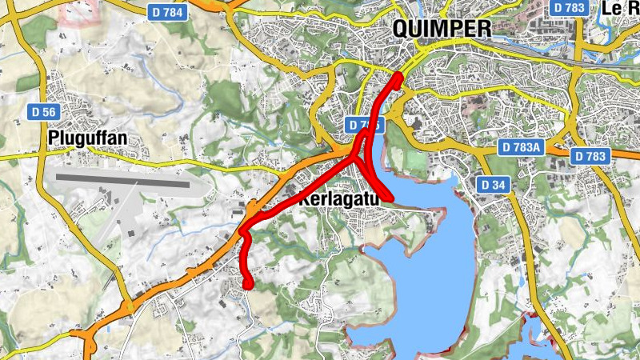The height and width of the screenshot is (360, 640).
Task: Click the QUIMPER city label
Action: pyautogui.click(x=442, y=29)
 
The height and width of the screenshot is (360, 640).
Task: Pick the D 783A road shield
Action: pyautogui.click(x=520, y=148)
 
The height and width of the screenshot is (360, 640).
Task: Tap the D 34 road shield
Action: pyautogui.click(x=494, y=185)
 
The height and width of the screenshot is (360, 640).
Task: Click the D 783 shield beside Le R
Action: pyautogui.click(x=570, y=7)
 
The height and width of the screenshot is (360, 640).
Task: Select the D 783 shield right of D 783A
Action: pyautogui.click(x=592, y=156)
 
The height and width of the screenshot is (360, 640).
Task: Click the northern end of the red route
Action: pyautogui.click(x=398, y=76)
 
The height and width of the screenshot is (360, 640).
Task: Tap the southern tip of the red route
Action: pyautogui.click(x=248, y=283)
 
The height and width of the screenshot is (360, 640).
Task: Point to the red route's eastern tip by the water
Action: pyautogui.click(x=390, y=197)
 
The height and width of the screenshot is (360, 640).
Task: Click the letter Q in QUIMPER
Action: pyautogui.click(x=402, y=29)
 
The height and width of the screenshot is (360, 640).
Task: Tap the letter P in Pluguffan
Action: pyautogui.click(x=54, y=137)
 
